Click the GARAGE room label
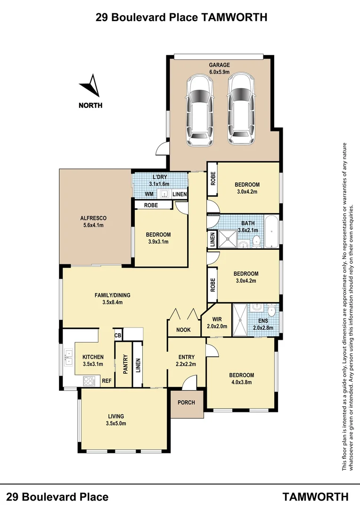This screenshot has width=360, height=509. click(x=220, y=65)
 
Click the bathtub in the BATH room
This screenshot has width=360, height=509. click(x=271, y=232)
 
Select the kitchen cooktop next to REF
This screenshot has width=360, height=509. click(x=89, y=381)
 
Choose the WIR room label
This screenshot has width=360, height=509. click(x=217, y=319)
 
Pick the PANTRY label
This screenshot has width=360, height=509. click(x=126, y=364)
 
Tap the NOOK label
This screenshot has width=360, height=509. click(x=183, y=330)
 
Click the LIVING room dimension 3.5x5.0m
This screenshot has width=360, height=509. click(x=116, y=423)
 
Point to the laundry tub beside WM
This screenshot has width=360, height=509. click(x=164, y=194)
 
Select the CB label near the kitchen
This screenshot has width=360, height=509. click(x=117, y=335)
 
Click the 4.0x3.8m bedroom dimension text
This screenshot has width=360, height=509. click(x=241, y=382)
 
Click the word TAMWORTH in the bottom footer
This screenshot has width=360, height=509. click(x=316, y=496)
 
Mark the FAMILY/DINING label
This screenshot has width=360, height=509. click(x=112, y=296)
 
